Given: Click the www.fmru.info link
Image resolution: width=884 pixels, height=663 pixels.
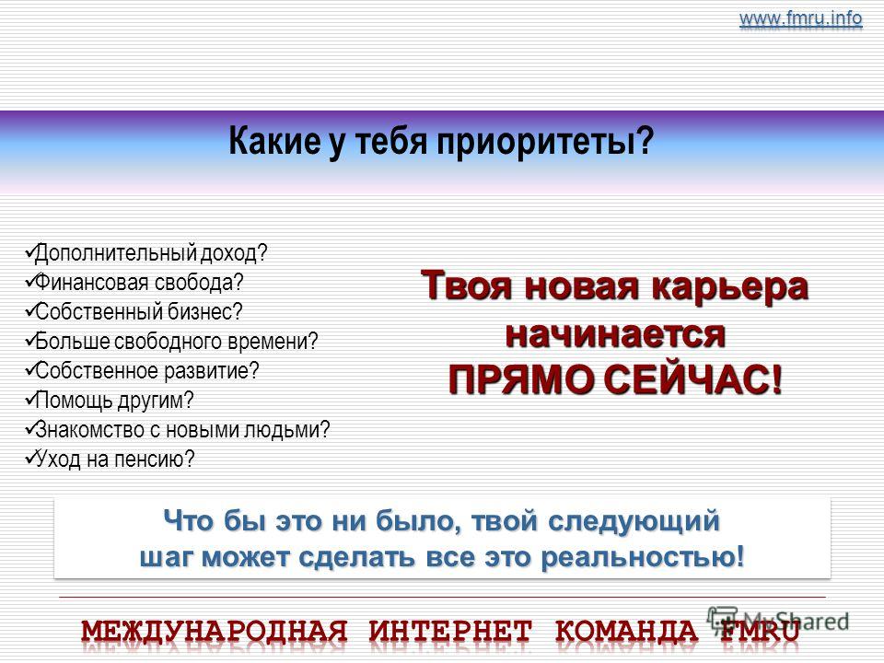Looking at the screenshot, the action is [800, 18].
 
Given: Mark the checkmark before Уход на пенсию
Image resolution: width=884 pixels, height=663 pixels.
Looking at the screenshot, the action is [29, 458].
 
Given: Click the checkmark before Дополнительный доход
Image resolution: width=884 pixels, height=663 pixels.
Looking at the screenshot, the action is [29, 252].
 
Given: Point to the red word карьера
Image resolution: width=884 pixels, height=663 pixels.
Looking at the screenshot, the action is [730, 286].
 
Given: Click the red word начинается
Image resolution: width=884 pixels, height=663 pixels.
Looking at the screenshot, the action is [615, 335].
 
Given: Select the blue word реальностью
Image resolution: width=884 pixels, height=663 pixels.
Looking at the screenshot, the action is [642, 558].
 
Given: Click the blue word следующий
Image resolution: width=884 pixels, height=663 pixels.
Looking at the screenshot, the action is [634, 521].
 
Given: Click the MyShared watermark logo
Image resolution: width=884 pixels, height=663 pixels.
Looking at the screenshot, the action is [779, 621].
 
